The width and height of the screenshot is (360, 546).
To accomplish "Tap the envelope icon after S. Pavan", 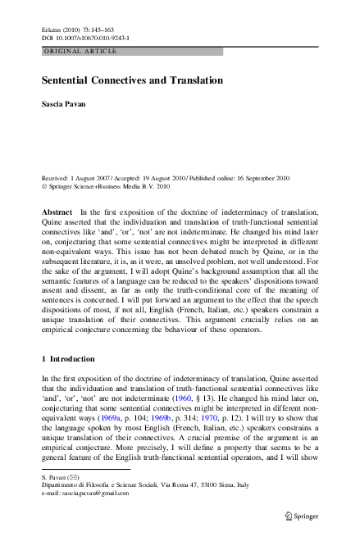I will click(x=71, y=475).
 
